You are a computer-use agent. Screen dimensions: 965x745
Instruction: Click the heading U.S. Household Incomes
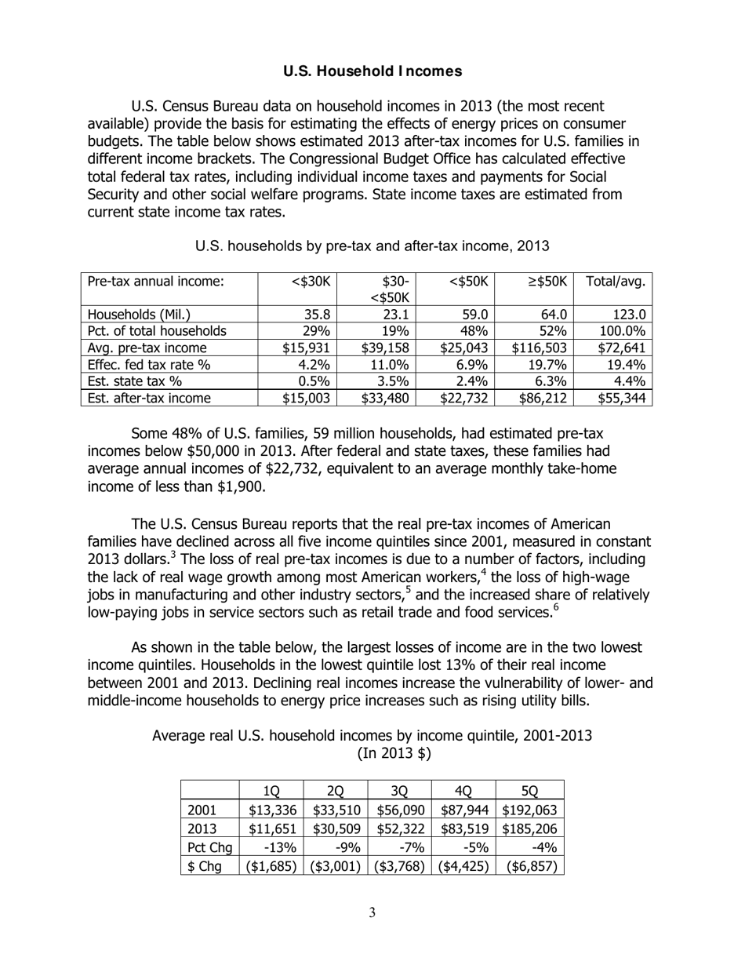tap(372, 71)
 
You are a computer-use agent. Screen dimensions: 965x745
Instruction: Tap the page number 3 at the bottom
tap(372, 912)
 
